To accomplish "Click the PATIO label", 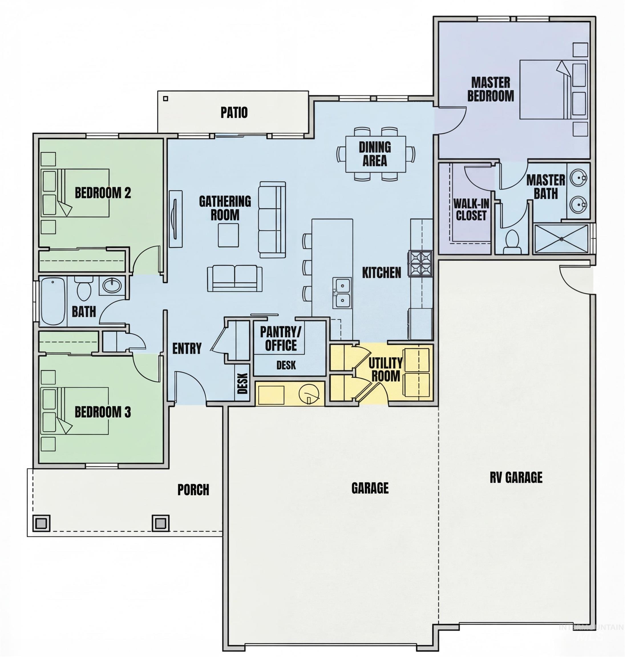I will tap(234, 113).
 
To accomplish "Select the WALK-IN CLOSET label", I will tap(471, 210).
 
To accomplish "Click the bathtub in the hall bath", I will tap(53, 301).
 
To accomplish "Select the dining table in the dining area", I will tap(375, 154).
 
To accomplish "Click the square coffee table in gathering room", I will tap(228, 235).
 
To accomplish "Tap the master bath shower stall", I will tap(561, 239).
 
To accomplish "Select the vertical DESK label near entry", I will tap(243, 383).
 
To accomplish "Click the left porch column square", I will tap(41, 523).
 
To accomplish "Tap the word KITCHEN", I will tap(381, 273).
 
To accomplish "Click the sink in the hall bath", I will tap(112, 285).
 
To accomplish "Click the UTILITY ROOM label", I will tap(385, 369).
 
